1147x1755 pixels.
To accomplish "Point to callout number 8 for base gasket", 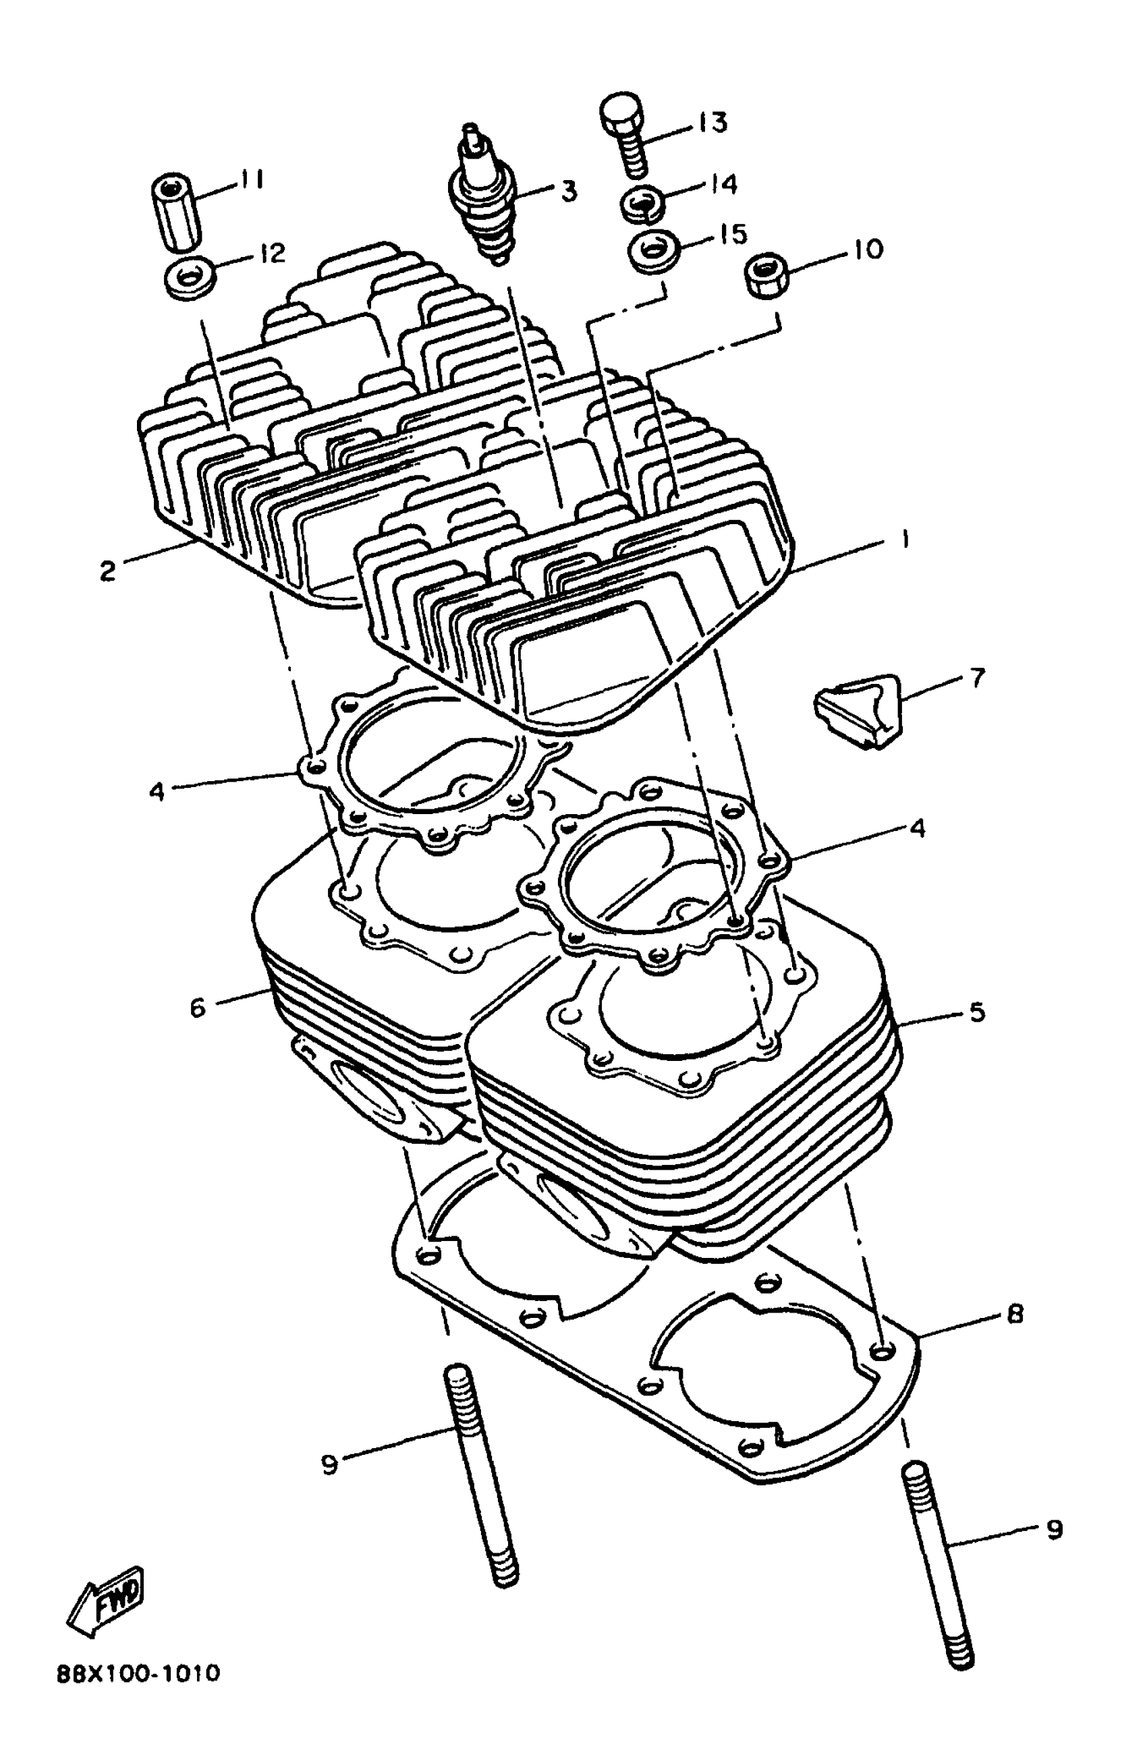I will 1015,1314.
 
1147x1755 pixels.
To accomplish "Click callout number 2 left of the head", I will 108,571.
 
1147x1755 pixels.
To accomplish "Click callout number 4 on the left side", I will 156,792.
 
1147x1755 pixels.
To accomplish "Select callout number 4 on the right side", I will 917,828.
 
